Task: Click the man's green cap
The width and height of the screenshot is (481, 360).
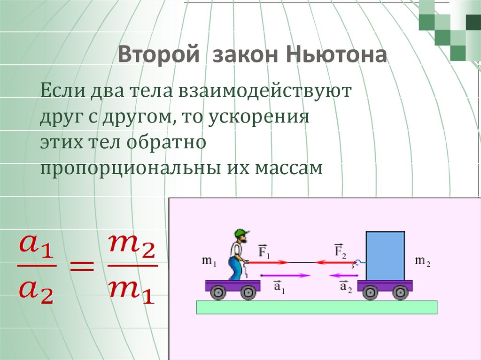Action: (x=242, y=233)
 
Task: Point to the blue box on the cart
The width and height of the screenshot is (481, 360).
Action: (x=385, y=256)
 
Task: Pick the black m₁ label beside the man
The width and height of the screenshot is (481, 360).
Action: (x=209, y=261)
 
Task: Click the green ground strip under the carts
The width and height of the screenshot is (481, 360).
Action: (x=317, y=307)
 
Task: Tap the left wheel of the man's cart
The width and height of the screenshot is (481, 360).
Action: (x=217, y=293)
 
